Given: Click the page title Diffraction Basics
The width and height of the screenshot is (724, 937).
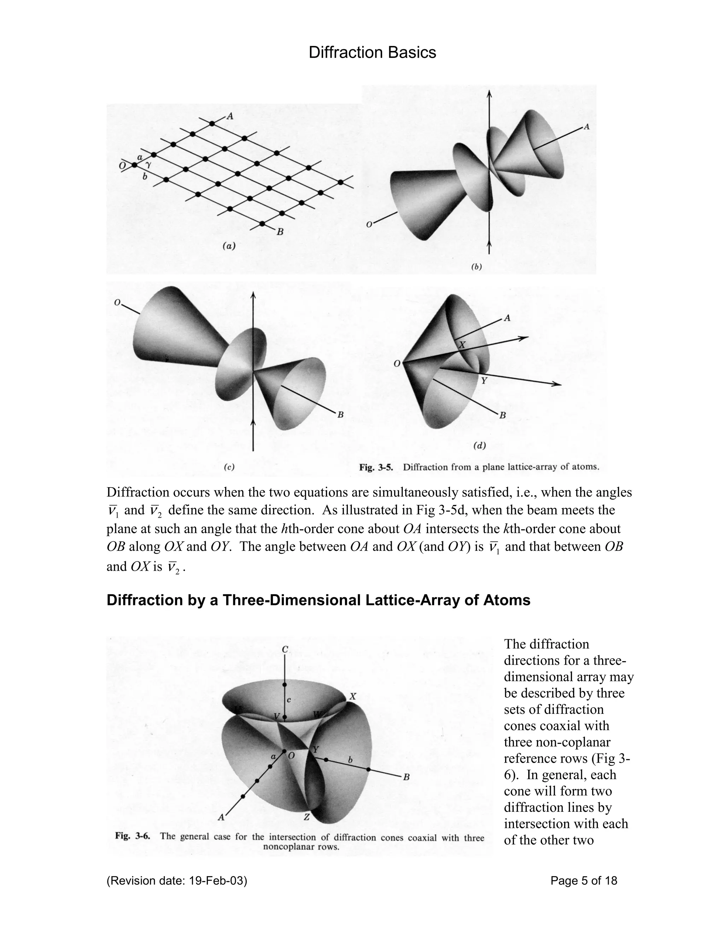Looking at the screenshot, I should (372, 52).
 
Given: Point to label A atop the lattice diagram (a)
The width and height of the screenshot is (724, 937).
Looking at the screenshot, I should (230, 116).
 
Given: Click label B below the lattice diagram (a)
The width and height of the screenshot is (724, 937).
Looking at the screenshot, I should (280, 232).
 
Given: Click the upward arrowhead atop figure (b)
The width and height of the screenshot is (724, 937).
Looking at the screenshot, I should (489, 94).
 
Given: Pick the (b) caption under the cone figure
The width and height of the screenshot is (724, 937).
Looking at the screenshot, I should (476, 267).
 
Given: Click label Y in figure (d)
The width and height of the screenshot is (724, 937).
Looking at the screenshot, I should (484, 380).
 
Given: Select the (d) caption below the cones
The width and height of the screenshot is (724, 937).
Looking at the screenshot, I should (479, 446).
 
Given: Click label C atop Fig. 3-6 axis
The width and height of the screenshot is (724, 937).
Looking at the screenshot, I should (285, 650).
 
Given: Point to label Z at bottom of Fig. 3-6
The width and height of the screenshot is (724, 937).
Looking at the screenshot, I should (306, 817).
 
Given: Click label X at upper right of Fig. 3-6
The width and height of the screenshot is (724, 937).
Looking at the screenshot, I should (352, 697).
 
